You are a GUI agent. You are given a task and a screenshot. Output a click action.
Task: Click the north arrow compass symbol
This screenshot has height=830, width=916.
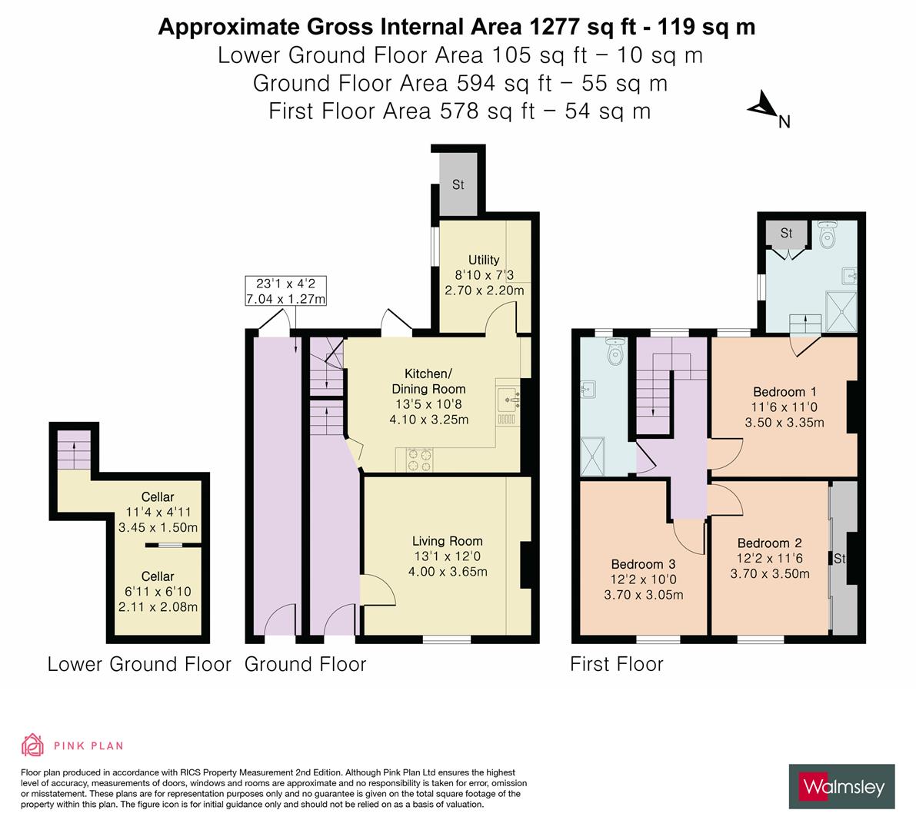pyautogui.click(x=763, y=108)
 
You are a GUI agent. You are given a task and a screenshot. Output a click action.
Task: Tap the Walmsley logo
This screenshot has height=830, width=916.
pyautogui.click(x=841, y=786)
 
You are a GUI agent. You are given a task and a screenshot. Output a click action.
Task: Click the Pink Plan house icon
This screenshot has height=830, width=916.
pyautogui.click(x=33, y=745)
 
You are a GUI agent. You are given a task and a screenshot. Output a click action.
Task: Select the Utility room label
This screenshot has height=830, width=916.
pyautogui.click(x=484, y=260)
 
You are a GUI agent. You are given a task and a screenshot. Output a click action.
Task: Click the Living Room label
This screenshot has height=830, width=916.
pyautogui.click(x=447, y=541)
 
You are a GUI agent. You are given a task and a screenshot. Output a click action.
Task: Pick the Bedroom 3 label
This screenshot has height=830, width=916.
pyautogui.click(x=643, y=563)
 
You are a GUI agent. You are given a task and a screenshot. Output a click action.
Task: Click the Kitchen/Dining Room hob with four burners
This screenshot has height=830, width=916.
pyautogui.click(x=421, y=460)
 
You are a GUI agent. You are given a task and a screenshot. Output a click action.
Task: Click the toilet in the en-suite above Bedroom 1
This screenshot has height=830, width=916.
pyautogui.click(x=828, y=235)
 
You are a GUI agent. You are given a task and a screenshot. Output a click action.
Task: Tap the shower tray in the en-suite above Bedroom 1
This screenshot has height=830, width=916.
pyautogui.click(x=841, y=311)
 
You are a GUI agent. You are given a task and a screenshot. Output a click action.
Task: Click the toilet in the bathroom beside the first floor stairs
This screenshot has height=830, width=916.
pyautogui.click(x=615, y=353)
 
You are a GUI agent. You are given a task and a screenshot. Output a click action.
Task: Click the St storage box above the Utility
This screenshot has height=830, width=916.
pyautogui.click(x=458, y=184)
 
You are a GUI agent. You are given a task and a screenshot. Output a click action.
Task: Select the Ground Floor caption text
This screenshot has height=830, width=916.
pyautogui.click(x=305, y=664)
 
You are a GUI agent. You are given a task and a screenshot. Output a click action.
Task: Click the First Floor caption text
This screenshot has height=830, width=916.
pyautogui.click(x=616, y=664)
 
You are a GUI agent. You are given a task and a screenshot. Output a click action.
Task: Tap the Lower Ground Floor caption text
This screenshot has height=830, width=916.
pyautogui.click(x=139, y=664)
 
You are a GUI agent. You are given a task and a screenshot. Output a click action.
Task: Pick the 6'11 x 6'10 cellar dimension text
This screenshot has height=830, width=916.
pyautogui.click(x=157, y=592)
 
